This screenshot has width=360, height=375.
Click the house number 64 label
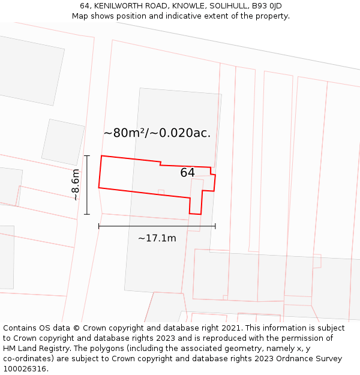(187, 173)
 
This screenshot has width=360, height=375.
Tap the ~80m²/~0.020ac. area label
(157, 133)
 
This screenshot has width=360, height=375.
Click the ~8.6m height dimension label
(76, 185)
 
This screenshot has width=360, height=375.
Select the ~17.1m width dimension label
(157, 238)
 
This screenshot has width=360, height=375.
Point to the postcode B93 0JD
(266, 6)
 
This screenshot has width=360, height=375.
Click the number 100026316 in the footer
(25, 369)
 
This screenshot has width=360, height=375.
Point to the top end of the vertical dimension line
(87, 156)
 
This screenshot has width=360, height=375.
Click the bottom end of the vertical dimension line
(87, 214)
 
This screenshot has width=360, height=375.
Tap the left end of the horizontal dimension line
(99, 226)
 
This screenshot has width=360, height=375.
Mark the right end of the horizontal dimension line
(215, 226)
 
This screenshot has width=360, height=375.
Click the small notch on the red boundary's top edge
(160, 163)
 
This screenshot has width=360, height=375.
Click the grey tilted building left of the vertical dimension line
(63, 142)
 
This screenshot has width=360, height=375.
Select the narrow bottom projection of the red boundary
(196, 204)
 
